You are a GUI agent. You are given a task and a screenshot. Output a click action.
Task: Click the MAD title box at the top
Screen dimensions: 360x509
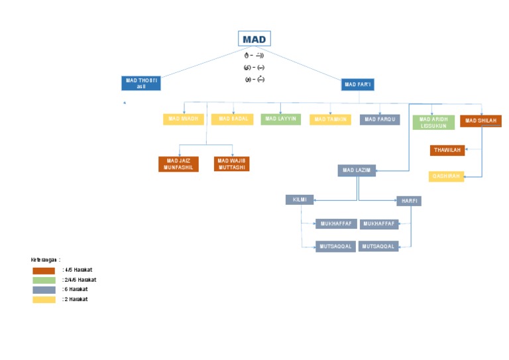254,39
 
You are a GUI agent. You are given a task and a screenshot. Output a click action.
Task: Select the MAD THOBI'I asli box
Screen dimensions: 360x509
141,84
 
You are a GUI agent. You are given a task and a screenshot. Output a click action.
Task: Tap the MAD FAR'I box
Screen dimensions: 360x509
359,84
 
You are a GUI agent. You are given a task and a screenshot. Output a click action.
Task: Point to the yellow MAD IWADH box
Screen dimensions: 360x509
184,119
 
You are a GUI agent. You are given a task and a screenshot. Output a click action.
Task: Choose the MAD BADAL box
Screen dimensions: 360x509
233,119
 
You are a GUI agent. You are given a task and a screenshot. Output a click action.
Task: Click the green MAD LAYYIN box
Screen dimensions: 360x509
281,119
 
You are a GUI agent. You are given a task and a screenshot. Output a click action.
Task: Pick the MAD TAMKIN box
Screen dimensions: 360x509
330,120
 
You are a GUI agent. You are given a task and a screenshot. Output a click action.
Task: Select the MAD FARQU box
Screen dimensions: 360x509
380,120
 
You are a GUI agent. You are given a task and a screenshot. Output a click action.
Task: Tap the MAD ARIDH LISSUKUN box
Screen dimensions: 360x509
433,123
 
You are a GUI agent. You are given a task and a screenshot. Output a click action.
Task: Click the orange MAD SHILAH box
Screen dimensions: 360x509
481,121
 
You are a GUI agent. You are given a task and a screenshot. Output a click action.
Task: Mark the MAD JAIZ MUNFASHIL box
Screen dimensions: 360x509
179,164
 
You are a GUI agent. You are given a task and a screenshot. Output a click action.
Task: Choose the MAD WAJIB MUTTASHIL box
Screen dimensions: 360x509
232,164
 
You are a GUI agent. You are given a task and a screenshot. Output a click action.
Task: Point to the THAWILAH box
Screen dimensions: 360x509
447,150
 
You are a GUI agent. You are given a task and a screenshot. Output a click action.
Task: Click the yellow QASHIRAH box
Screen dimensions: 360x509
446,176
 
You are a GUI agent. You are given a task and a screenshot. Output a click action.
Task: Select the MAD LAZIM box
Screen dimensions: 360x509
357,171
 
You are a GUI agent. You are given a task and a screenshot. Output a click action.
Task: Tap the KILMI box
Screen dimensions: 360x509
300,200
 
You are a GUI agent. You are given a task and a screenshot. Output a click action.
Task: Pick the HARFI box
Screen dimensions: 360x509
409,201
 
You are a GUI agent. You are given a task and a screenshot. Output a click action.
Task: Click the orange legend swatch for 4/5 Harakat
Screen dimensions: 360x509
44,270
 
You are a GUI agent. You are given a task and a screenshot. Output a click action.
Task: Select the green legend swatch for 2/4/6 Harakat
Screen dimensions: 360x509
44,280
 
